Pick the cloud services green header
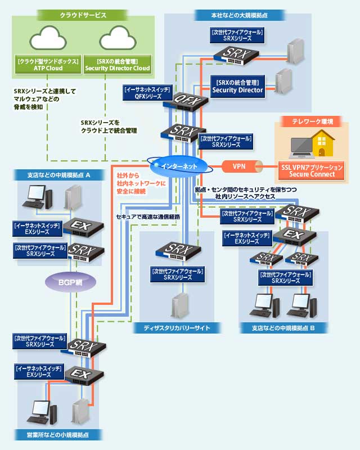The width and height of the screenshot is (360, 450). (x=83, y=15)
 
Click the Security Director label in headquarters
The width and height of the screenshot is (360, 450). (x=237, y=86)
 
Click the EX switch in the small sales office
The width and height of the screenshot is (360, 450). (x=81, y=374)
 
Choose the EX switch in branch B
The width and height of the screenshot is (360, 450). (x=292, y=234)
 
